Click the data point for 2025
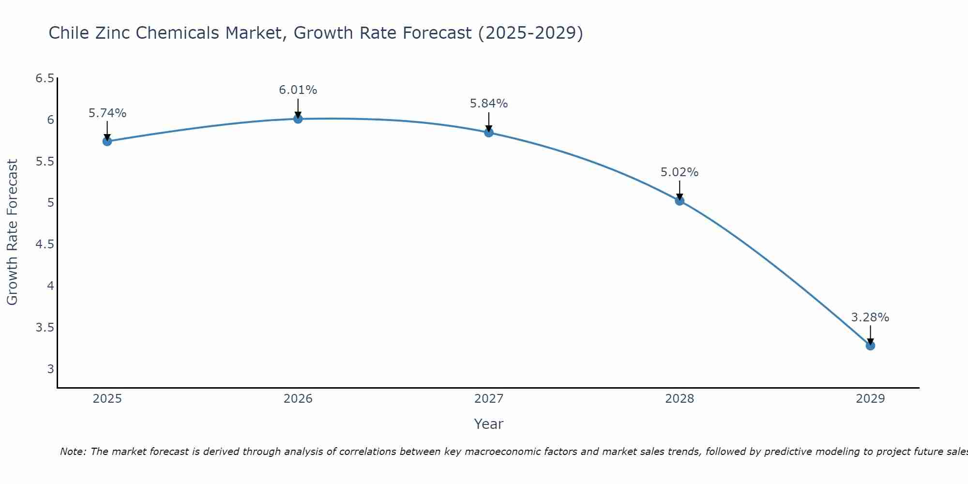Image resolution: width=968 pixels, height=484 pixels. click(x=107, y=141)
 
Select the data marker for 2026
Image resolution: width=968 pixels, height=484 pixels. click(x=298, y=119)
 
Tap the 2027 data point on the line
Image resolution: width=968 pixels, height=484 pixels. click(x=489, y=133)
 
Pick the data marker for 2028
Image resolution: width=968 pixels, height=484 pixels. click(x=680, y=201)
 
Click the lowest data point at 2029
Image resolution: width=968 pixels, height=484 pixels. click(x=870, y=346)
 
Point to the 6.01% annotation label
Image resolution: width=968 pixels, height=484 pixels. click(x=298, y=90)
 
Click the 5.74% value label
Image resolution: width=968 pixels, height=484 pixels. click(x=107, y=113)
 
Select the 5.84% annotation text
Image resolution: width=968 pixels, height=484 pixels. click(x=489, y=104)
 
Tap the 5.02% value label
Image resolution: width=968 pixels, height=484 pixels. click(x=680, y=172)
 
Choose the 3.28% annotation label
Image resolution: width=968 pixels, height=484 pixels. click(x=870, y=318)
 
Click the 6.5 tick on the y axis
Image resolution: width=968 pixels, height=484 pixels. click(x=45, y=78)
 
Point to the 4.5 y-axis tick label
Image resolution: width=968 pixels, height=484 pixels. click(x=45, y=244)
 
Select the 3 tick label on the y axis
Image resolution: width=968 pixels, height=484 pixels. click(x=50, y=369)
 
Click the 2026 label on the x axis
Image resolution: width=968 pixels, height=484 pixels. click(x=298, y=399)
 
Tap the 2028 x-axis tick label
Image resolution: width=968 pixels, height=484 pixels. click(x=680, y=399)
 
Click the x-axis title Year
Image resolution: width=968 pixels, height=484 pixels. click(x=489, y=424)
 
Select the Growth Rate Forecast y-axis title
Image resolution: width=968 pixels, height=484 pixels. click(x=12, y=232)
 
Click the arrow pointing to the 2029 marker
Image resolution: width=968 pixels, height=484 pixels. click(x=870, y=335)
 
